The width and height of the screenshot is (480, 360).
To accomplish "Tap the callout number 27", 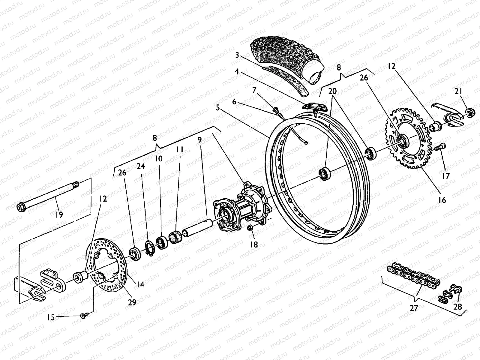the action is (414, 308).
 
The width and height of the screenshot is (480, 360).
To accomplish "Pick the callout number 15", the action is (51, 317).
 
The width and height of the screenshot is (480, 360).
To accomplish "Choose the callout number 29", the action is (132, 302).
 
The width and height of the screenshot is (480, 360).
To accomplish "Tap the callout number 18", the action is (254, 244).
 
